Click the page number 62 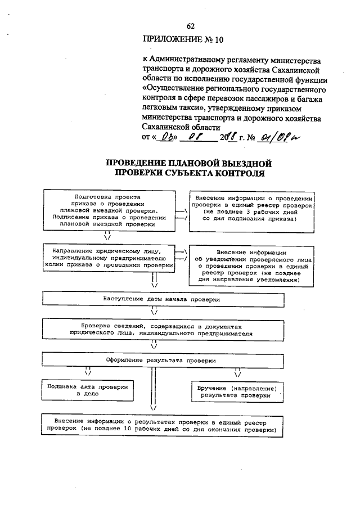[x=190, y=26]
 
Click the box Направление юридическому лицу [x=110, y=256]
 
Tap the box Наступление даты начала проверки [x=161, y=299]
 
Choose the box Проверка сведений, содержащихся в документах [x=161, y=329]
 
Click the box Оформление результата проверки [x=161, y=359]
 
